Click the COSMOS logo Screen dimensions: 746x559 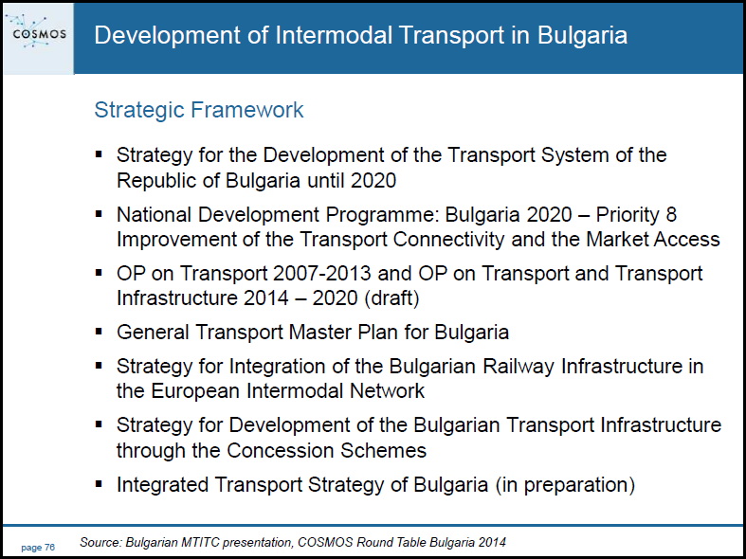point(39,32)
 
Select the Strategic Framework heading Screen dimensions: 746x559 point(199,110)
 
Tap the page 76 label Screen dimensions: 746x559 point(38,547)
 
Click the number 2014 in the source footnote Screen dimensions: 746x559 point(492,542)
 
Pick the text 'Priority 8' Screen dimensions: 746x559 point(636,215)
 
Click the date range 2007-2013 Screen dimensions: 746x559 point(322,273)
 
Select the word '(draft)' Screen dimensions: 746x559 point(392,298)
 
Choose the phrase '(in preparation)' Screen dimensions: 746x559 point(565,485)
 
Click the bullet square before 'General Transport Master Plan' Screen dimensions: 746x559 point(99,331)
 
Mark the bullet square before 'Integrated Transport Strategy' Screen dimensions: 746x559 point(99,484)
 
